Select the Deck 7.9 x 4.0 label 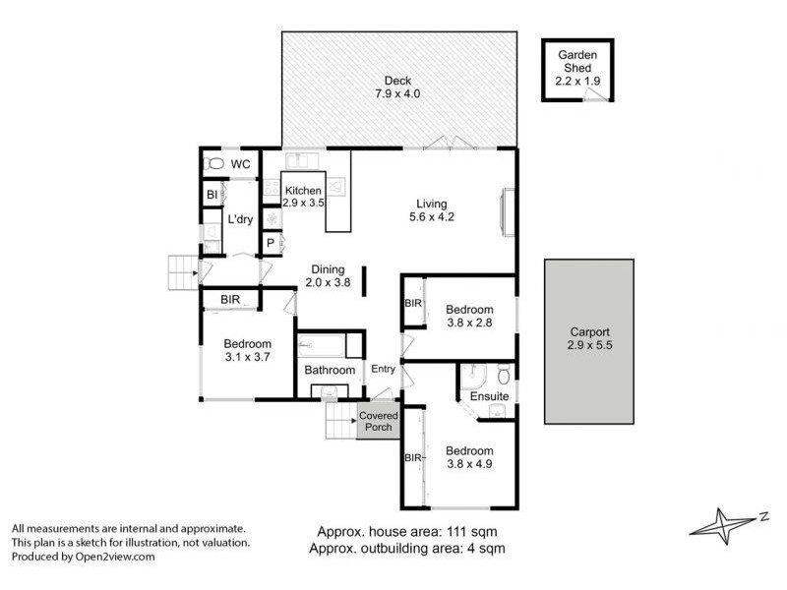(397, 88)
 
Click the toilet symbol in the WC (215, 164)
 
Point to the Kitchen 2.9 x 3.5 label (303, 196)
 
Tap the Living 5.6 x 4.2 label (433, 210)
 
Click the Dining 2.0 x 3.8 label (327, 275)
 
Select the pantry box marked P (271, 242)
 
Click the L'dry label (240, 218)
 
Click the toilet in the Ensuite (503, 374)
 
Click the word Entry (382, 370)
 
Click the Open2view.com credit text (84, 556)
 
